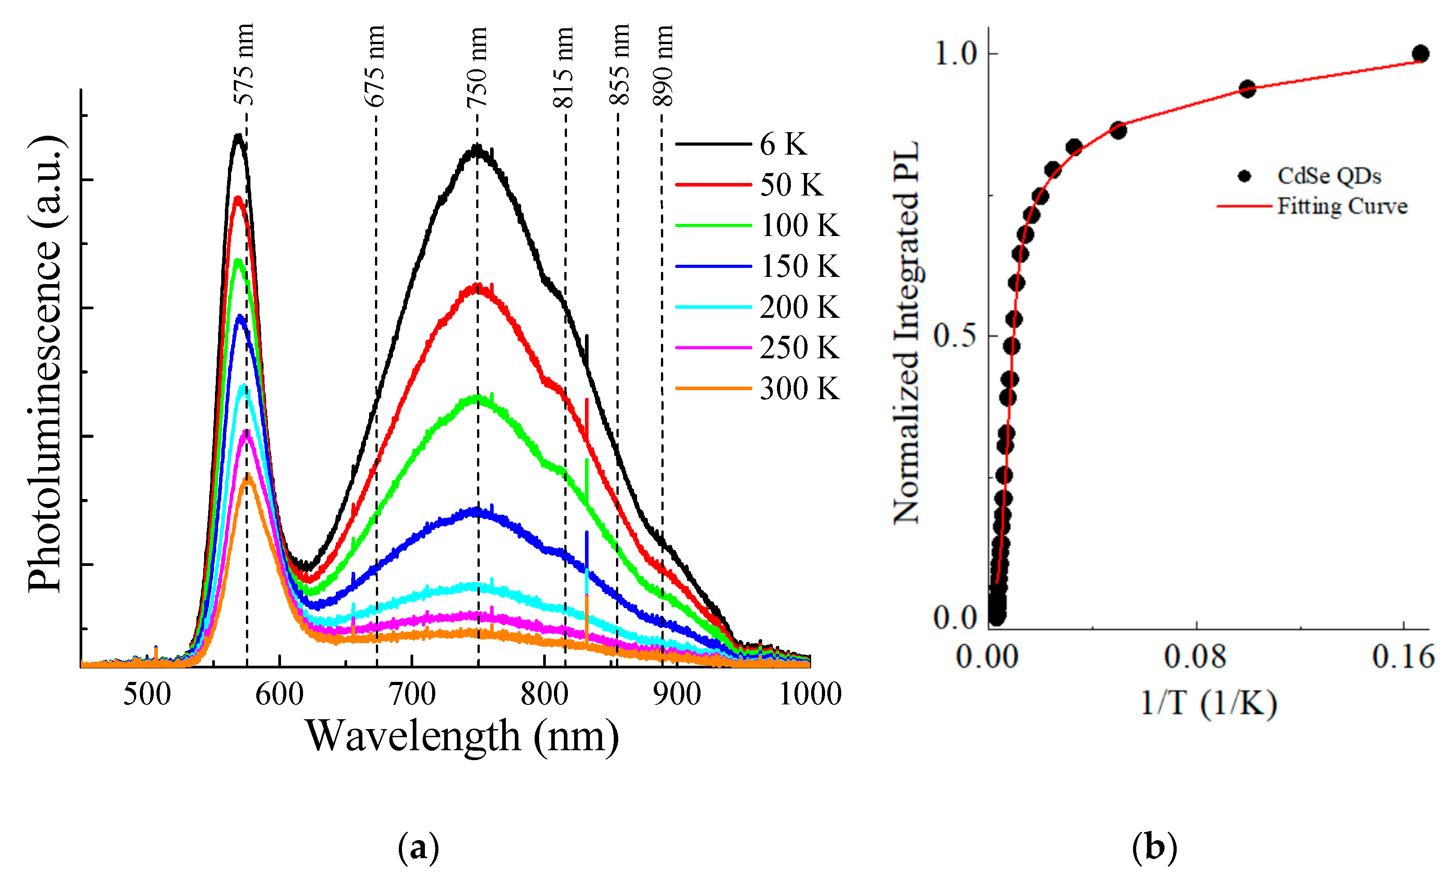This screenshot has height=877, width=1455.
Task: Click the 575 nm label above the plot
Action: click(243, 64)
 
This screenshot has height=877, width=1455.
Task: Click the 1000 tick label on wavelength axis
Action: click(810, 694)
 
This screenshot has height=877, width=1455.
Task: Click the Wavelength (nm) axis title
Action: click(462, 737)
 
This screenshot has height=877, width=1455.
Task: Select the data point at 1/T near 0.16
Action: click(1420, 53)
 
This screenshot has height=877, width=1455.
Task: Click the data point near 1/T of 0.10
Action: click(1246, 89)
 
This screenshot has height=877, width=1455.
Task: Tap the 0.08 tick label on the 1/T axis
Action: click(1195, 657)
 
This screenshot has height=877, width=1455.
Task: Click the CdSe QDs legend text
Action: click(1329, 176)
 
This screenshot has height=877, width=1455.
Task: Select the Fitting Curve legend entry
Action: click(1342, 206)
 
